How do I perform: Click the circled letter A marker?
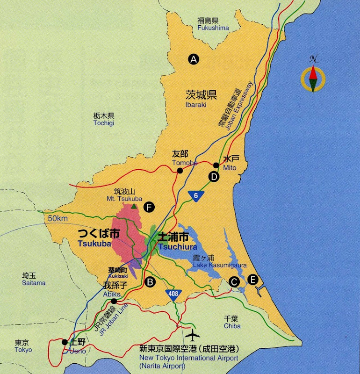pos(193,59)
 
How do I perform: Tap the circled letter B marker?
pos(150,281)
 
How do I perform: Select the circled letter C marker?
pos(234,281)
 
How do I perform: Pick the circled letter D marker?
pos(214,177)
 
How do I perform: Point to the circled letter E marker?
pos(253,280)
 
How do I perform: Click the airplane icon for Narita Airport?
pos(192,335)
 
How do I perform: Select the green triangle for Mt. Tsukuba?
pos(134,206)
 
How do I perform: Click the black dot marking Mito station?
pos(216,165)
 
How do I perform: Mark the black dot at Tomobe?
pos(180,171)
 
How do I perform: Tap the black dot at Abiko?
pos(114,302)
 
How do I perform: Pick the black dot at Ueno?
pos(65,342)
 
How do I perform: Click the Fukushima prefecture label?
pos(213,28)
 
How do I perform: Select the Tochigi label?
pos(103,123)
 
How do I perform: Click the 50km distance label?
pos(55,218)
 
